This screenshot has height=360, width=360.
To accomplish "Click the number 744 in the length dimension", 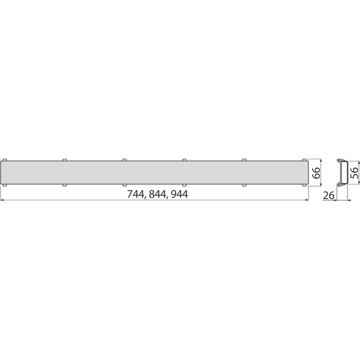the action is (x=136, y=194).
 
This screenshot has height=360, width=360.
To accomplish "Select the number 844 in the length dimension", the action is (x=157, y=194).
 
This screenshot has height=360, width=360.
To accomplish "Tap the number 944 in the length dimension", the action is (x=180, y=194).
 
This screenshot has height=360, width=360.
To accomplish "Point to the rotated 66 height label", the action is (x=316, y=173).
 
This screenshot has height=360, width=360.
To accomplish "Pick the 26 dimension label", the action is (x=329, y=195).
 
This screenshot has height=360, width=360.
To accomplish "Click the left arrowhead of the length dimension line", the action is (x=2, y=200).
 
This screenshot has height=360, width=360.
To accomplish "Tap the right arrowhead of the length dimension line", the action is (x=306, y=200).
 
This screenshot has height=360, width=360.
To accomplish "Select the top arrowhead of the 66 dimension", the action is (x=321, y=161).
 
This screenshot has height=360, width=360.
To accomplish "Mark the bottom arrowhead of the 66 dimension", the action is (x=321, y=184).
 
